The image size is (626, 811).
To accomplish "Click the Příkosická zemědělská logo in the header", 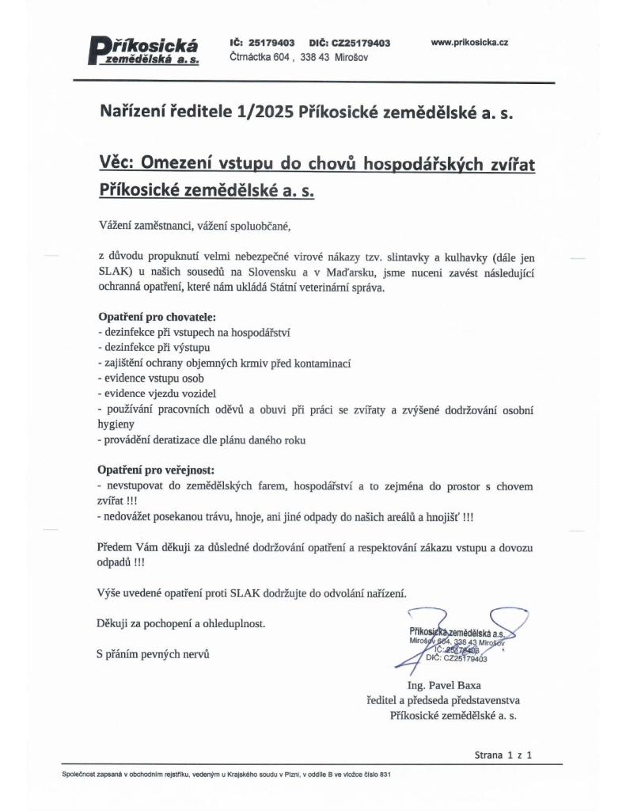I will click(x=143, y=51).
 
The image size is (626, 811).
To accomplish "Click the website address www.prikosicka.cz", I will click(x=469, y=43).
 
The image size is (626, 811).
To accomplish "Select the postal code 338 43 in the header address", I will click(x=315, y=58).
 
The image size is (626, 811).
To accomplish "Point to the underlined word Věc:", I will click(x=117, y=162).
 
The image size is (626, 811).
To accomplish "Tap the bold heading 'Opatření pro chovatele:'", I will click(x=151, y=318).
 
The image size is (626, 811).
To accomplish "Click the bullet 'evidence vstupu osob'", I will click(x=148, y=378).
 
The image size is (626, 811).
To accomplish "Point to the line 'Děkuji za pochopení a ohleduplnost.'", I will click(x=180, y=623).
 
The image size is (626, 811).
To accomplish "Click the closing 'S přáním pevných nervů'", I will click(x=154, y=654).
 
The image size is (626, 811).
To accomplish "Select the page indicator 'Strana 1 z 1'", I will click(x=503, y=755).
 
